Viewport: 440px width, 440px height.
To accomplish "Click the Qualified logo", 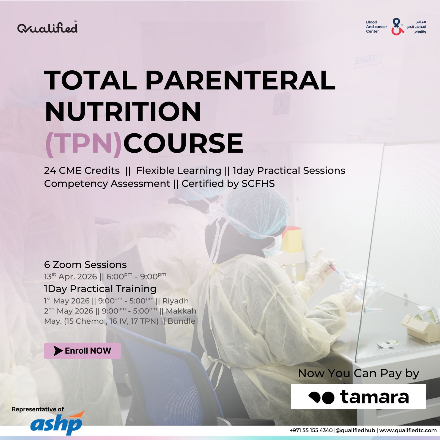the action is (x=47, y=28).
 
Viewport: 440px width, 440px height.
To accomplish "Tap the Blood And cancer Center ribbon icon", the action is (x=397, y=27).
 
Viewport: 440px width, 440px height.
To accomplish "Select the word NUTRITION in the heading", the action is (x=123, y=111).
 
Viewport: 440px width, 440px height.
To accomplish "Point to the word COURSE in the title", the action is (x=183, y=143).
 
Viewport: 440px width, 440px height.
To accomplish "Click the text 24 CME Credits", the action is (x=82, y=170).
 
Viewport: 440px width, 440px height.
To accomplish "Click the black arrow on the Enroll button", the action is (x=58, y=351).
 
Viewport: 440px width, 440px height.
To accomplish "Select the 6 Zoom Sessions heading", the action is (x=85, y=265).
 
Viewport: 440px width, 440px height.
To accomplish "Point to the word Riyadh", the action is (x=175, y=301).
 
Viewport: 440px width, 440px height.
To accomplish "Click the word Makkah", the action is (x=181, y=311).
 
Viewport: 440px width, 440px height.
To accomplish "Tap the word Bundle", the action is (x=182, y=321).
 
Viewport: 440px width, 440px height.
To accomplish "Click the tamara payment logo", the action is (x=358, y=397).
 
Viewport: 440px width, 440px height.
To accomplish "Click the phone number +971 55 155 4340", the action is (x=311, y=430).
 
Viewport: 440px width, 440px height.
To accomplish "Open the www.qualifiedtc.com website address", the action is (x=408, y=430).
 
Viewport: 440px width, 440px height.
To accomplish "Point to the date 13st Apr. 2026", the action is (x=71, y=276).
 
